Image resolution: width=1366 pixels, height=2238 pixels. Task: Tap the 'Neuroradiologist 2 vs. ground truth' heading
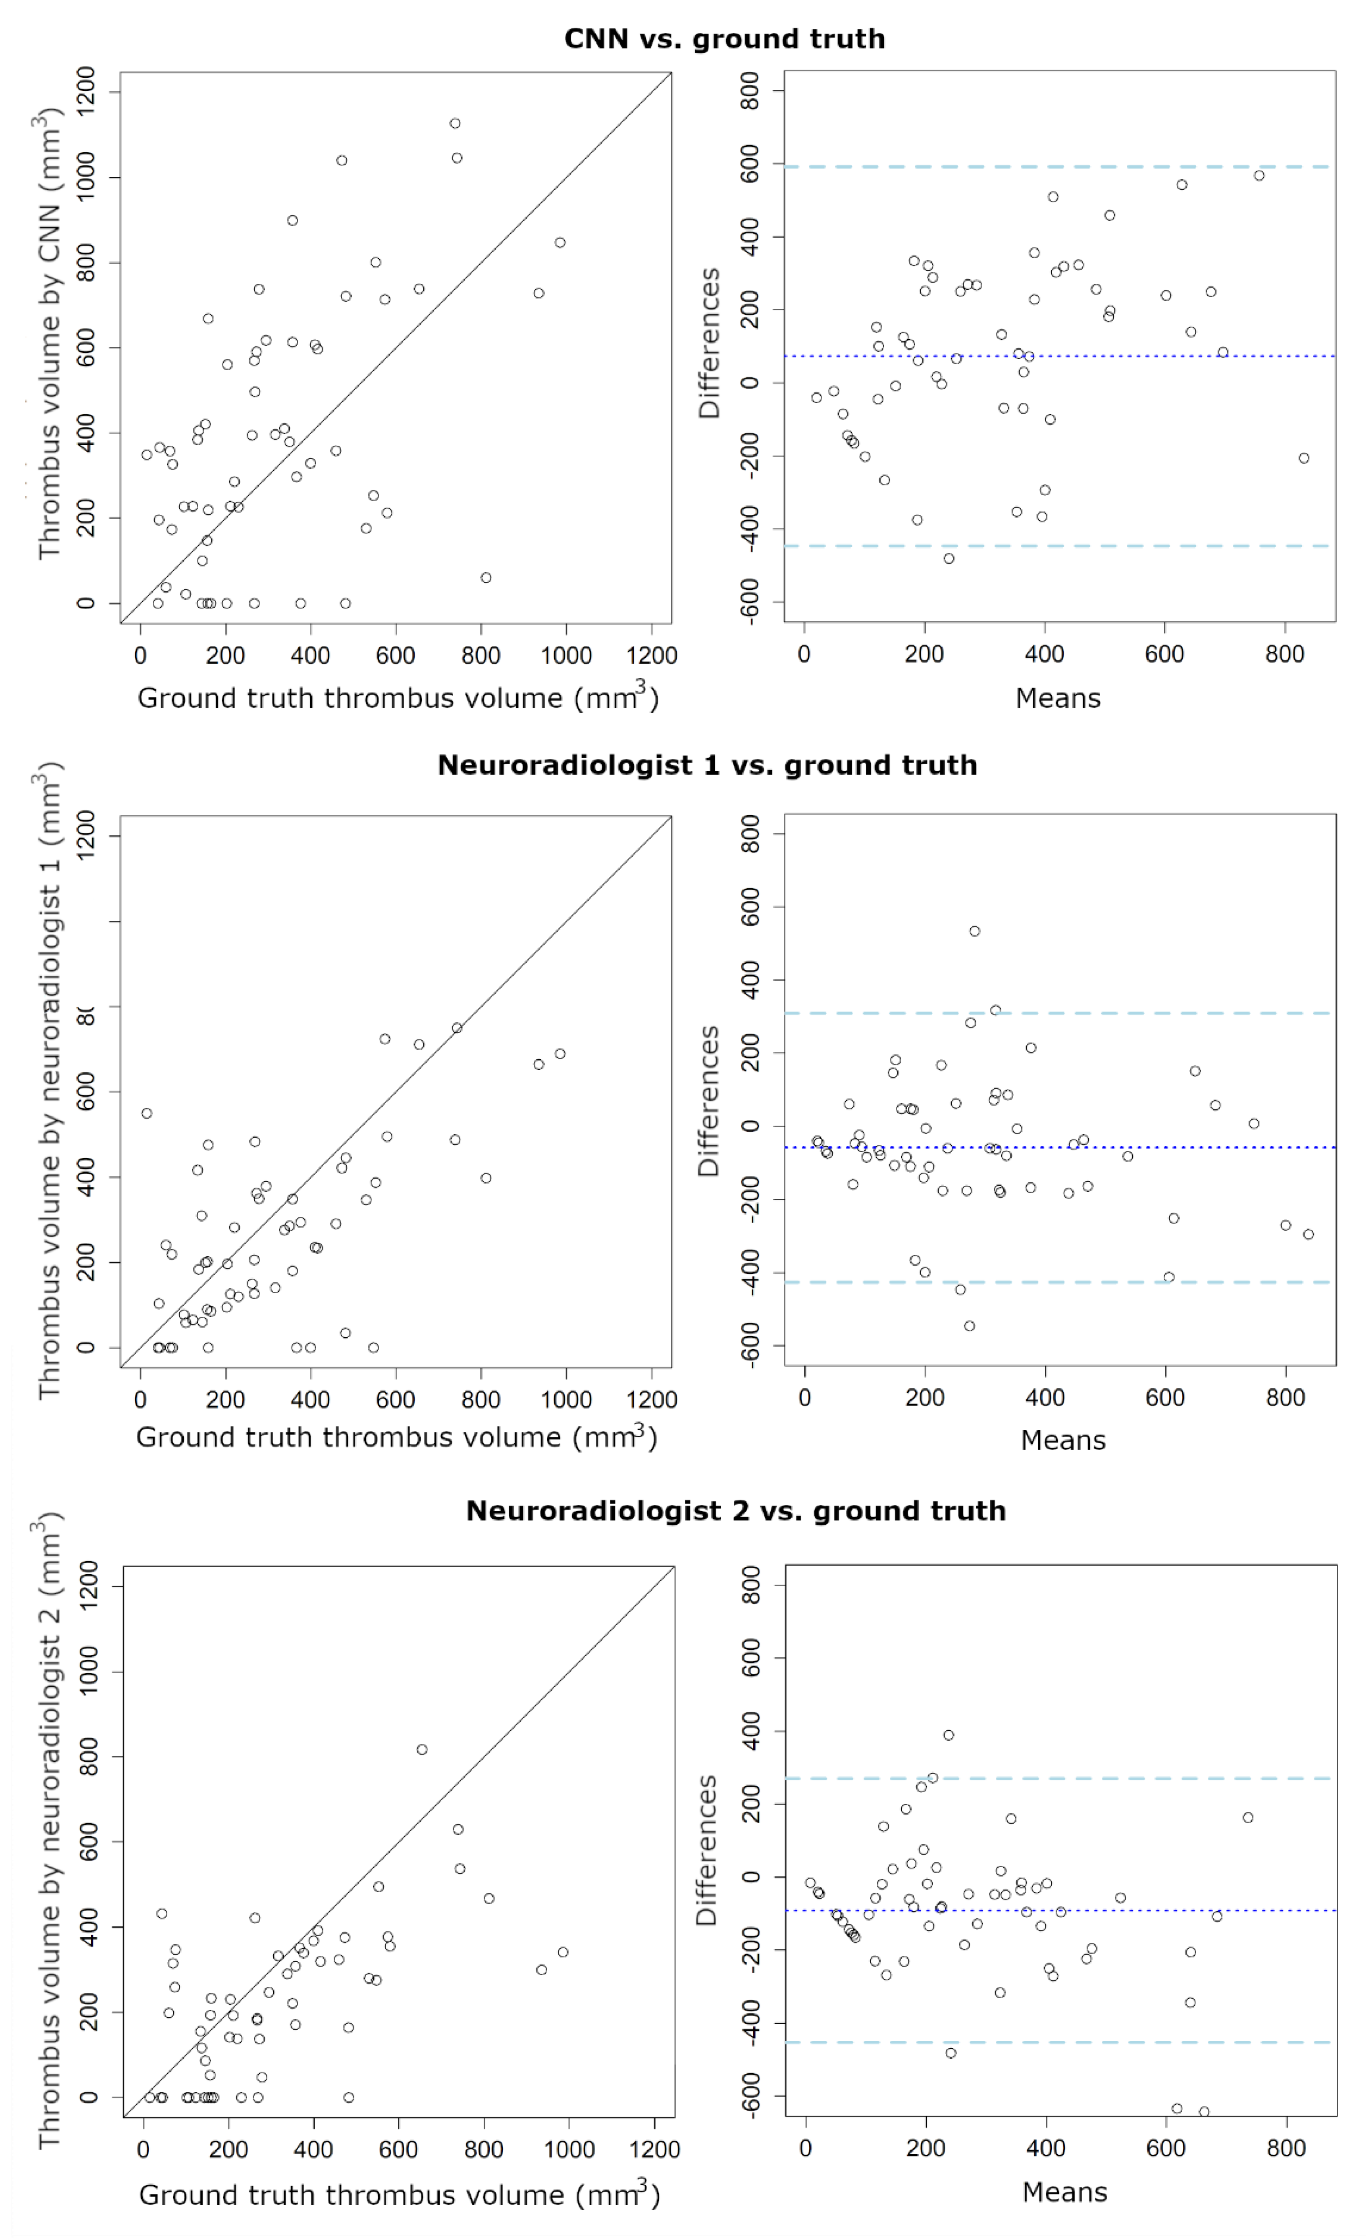pyautogui.click(x=736, y=1510)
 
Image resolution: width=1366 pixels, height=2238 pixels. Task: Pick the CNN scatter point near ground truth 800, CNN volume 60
pyautogui.click(x=486, y=578)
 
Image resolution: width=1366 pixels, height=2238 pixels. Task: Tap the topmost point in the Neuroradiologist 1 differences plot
pyautogui.click(x=975, y=931)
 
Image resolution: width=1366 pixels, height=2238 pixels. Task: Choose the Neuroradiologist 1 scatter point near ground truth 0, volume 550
pyautogui.click(x=146, y=1114)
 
